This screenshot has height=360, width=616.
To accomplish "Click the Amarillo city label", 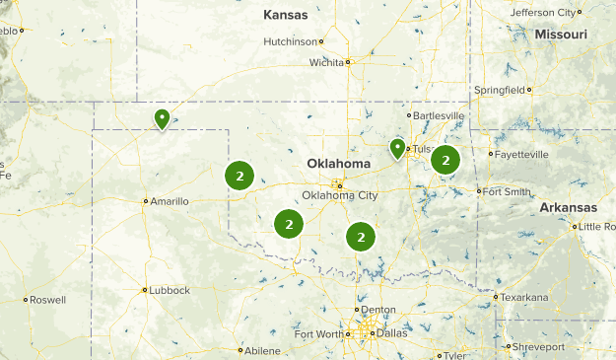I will pos(168,201).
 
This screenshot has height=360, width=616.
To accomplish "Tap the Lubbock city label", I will pos(166,291).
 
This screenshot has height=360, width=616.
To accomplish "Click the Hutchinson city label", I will pos(292,41).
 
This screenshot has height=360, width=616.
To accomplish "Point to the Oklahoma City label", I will pos(339,195).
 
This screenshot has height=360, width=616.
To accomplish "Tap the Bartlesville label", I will pos(438,115).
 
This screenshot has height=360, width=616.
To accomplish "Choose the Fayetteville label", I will pos(520,155).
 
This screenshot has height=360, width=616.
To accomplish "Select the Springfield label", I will pos(500,90).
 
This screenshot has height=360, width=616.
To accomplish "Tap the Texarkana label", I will pos(522,296).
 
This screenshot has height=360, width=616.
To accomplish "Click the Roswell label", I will pos(46,300).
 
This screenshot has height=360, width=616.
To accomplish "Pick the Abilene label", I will pos(262,350).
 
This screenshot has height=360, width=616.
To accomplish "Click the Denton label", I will pos(378,310).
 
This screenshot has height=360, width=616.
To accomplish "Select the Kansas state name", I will pos(286,15).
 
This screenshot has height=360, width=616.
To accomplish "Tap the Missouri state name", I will pos(561,35).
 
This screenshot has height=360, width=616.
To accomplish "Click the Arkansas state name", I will pos(568,208).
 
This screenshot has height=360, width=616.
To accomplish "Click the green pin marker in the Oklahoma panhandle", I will pos(162,118).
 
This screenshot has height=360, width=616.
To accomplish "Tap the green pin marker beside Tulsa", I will pos(397,148).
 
